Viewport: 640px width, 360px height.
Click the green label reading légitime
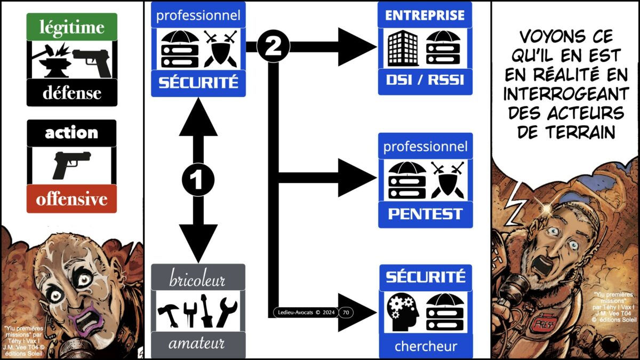71,27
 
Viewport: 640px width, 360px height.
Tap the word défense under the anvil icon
71,93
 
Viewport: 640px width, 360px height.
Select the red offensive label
71,199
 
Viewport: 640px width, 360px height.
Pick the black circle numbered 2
273,47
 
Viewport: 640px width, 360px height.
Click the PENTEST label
425,214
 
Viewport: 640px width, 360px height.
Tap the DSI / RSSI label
425,81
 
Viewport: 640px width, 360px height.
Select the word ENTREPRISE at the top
425,15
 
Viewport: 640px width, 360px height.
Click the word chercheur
425,347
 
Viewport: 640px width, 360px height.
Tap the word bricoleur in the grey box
198,279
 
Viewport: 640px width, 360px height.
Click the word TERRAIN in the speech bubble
566,132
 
